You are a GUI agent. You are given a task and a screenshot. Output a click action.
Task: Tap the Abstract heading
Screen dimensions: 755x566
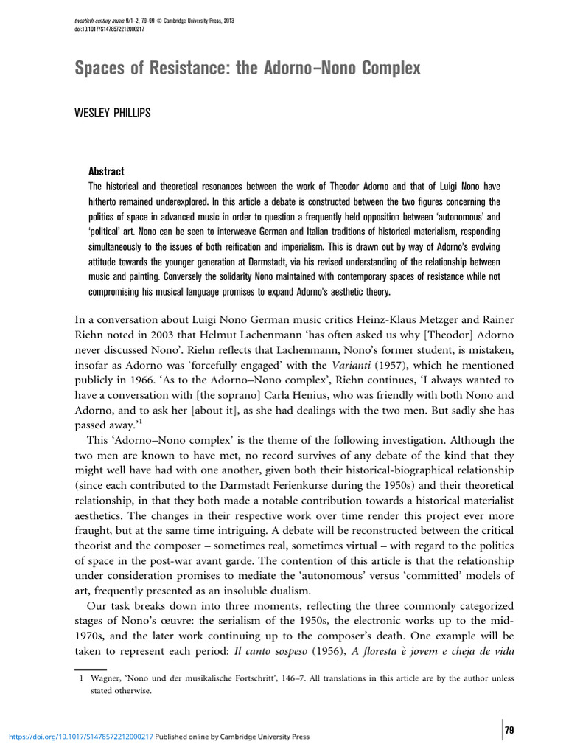tap(107, 171)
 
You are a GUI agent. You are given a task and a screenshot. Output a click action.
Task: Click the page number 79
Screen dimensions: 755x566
tap(509, 730)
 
